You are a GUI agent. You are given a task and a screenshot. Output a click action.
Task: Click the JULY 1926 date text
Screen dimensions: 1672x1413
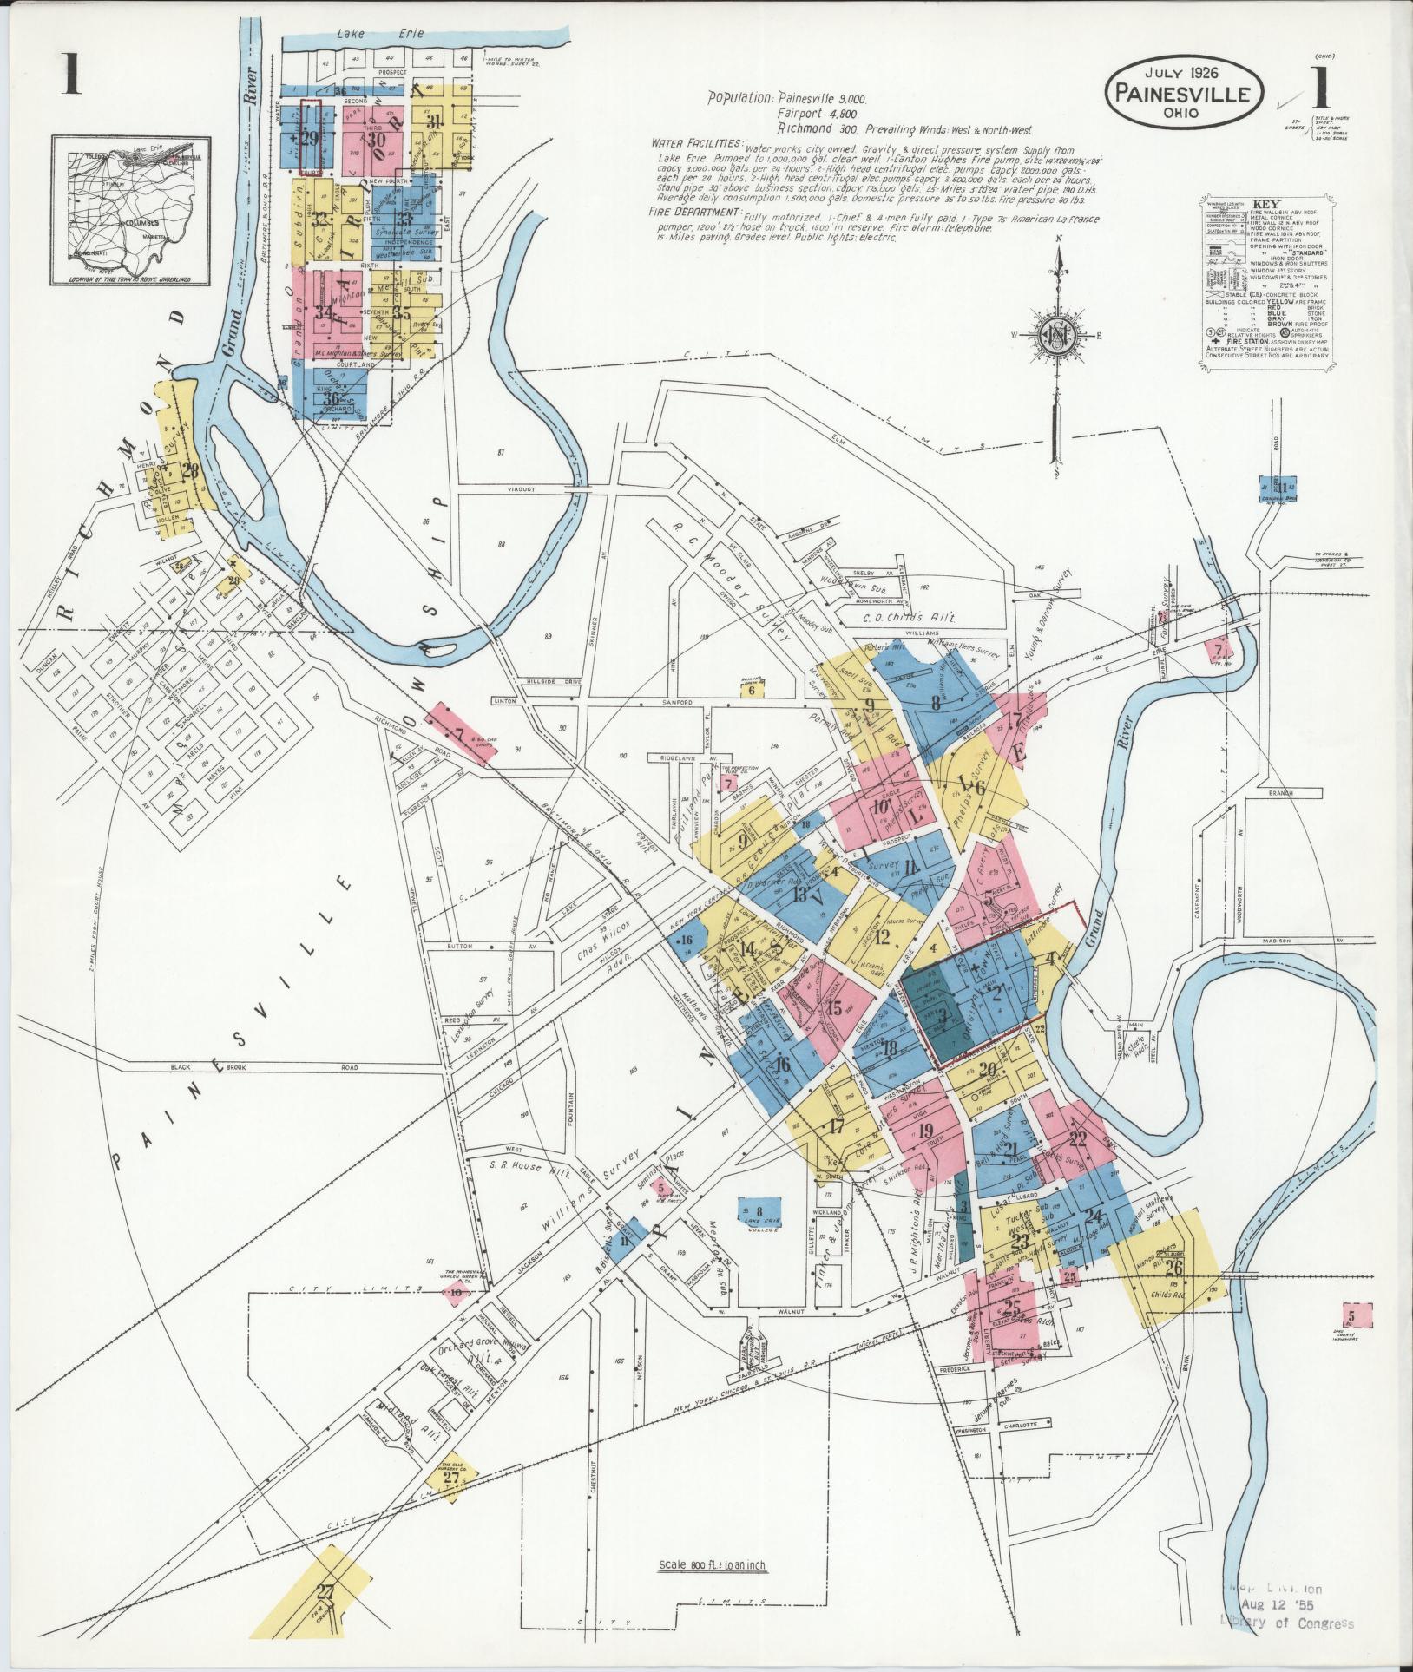pyautogui.click(x=1182, y=75)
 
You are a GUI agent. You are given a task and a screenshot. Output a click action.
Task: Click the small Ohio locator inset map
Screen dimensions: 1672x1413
pyautogui.click(x=131, y=209)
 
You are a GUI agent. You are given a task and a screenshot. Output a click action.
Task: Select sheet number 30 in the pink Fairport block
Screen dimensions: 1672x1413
pyautogui.click(x=375, y=140)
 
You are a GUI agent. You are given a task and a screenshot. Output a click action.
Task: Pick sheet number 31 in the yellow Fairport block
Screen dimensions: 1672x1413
pyautogui.click(x=434, y=121)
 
